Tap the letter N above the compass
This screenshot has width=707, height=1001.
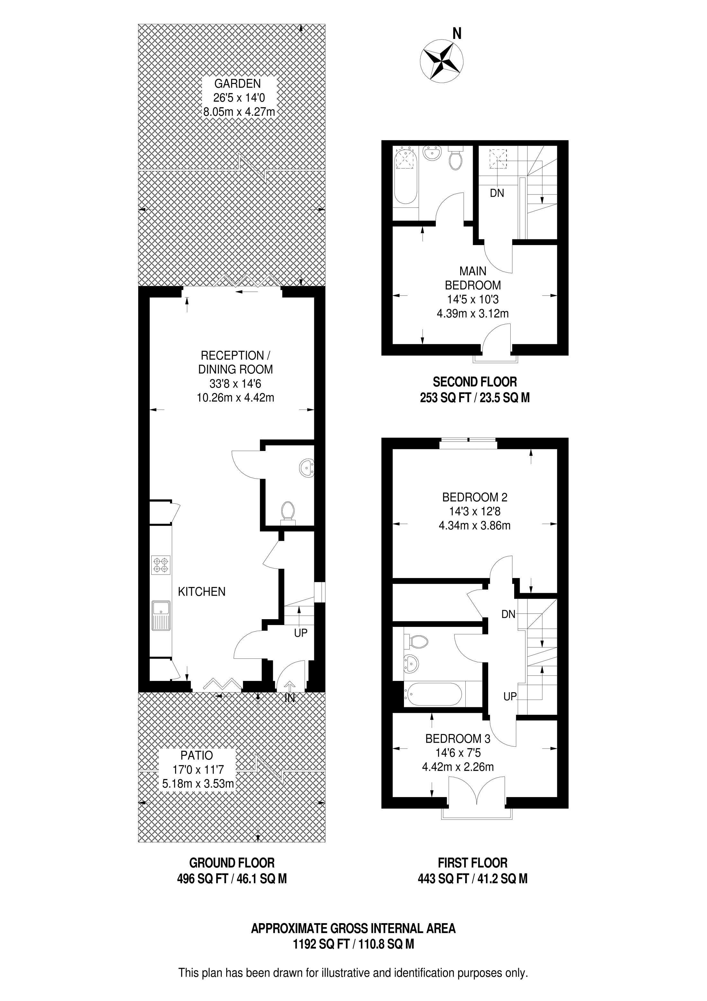(x=457, y=33)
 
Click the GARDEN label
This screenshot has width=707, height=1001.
(x=237, y=83)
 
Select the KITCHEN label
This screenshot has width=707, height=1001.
(x=202, y=592)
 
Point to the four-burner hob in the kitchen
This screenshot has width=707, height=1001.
(x=161, y=565)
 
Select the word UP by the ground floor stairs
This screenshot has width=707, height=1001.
(x=300, y=633)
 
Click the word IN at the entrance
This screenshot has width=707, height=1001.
(x=290, y=698)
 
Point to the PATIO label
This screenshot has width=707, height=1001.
(x=197, y=755)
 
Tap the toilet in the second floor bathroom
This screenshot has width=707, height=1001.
(x=456, y=159)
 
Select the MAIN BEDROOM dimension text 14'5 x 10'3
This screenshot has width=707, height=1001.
(x=473, y=299)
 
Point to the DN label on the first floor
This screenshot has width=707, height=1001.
(x=508, y=614)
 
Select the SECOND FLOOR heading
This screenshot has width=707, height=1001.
(x=475, y=382)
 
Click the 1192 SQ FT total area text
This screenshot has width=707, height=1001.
(x=322, y=944)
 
